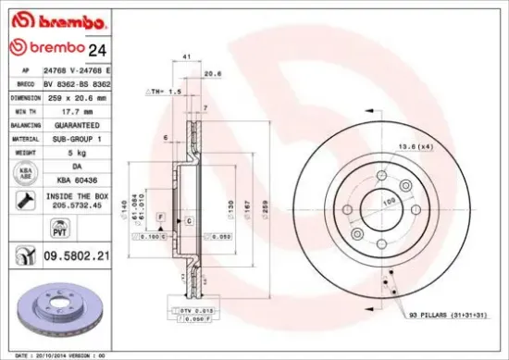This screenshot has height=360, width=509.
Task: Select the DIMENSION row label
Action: point(25,95)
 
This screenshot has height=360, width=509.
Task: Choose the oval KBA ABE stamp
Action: point(23,173)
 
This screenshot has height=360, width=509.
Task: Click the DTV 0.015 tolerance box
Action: point(183,310)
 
